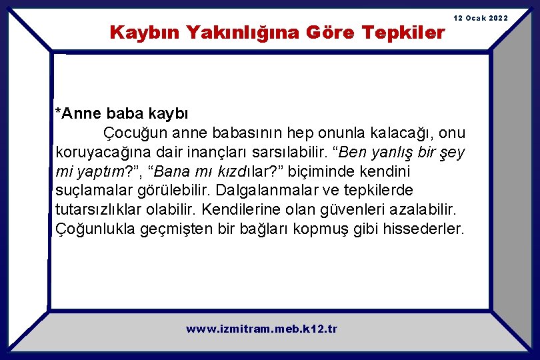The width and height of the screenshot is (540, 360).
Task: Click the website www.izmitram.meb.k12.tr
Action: (x=261, y=329)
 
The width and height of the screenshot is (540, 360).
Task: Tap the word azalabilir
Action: (x=422, y=209)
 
